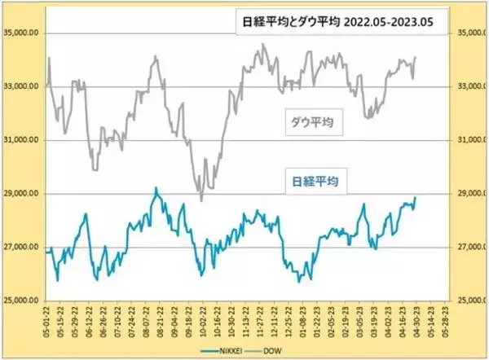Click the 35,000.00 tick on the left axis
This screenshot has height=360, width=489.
(23, 33)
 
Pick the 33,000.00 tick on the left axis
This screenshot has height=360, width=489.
(23, 87)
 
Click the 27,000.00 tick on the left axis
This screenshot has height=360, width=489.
(23, 248)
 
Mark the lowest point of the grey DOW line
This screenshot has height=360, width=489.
(200, 200)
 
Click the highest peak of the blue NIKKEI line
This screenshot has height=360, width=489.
(156, 188)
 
